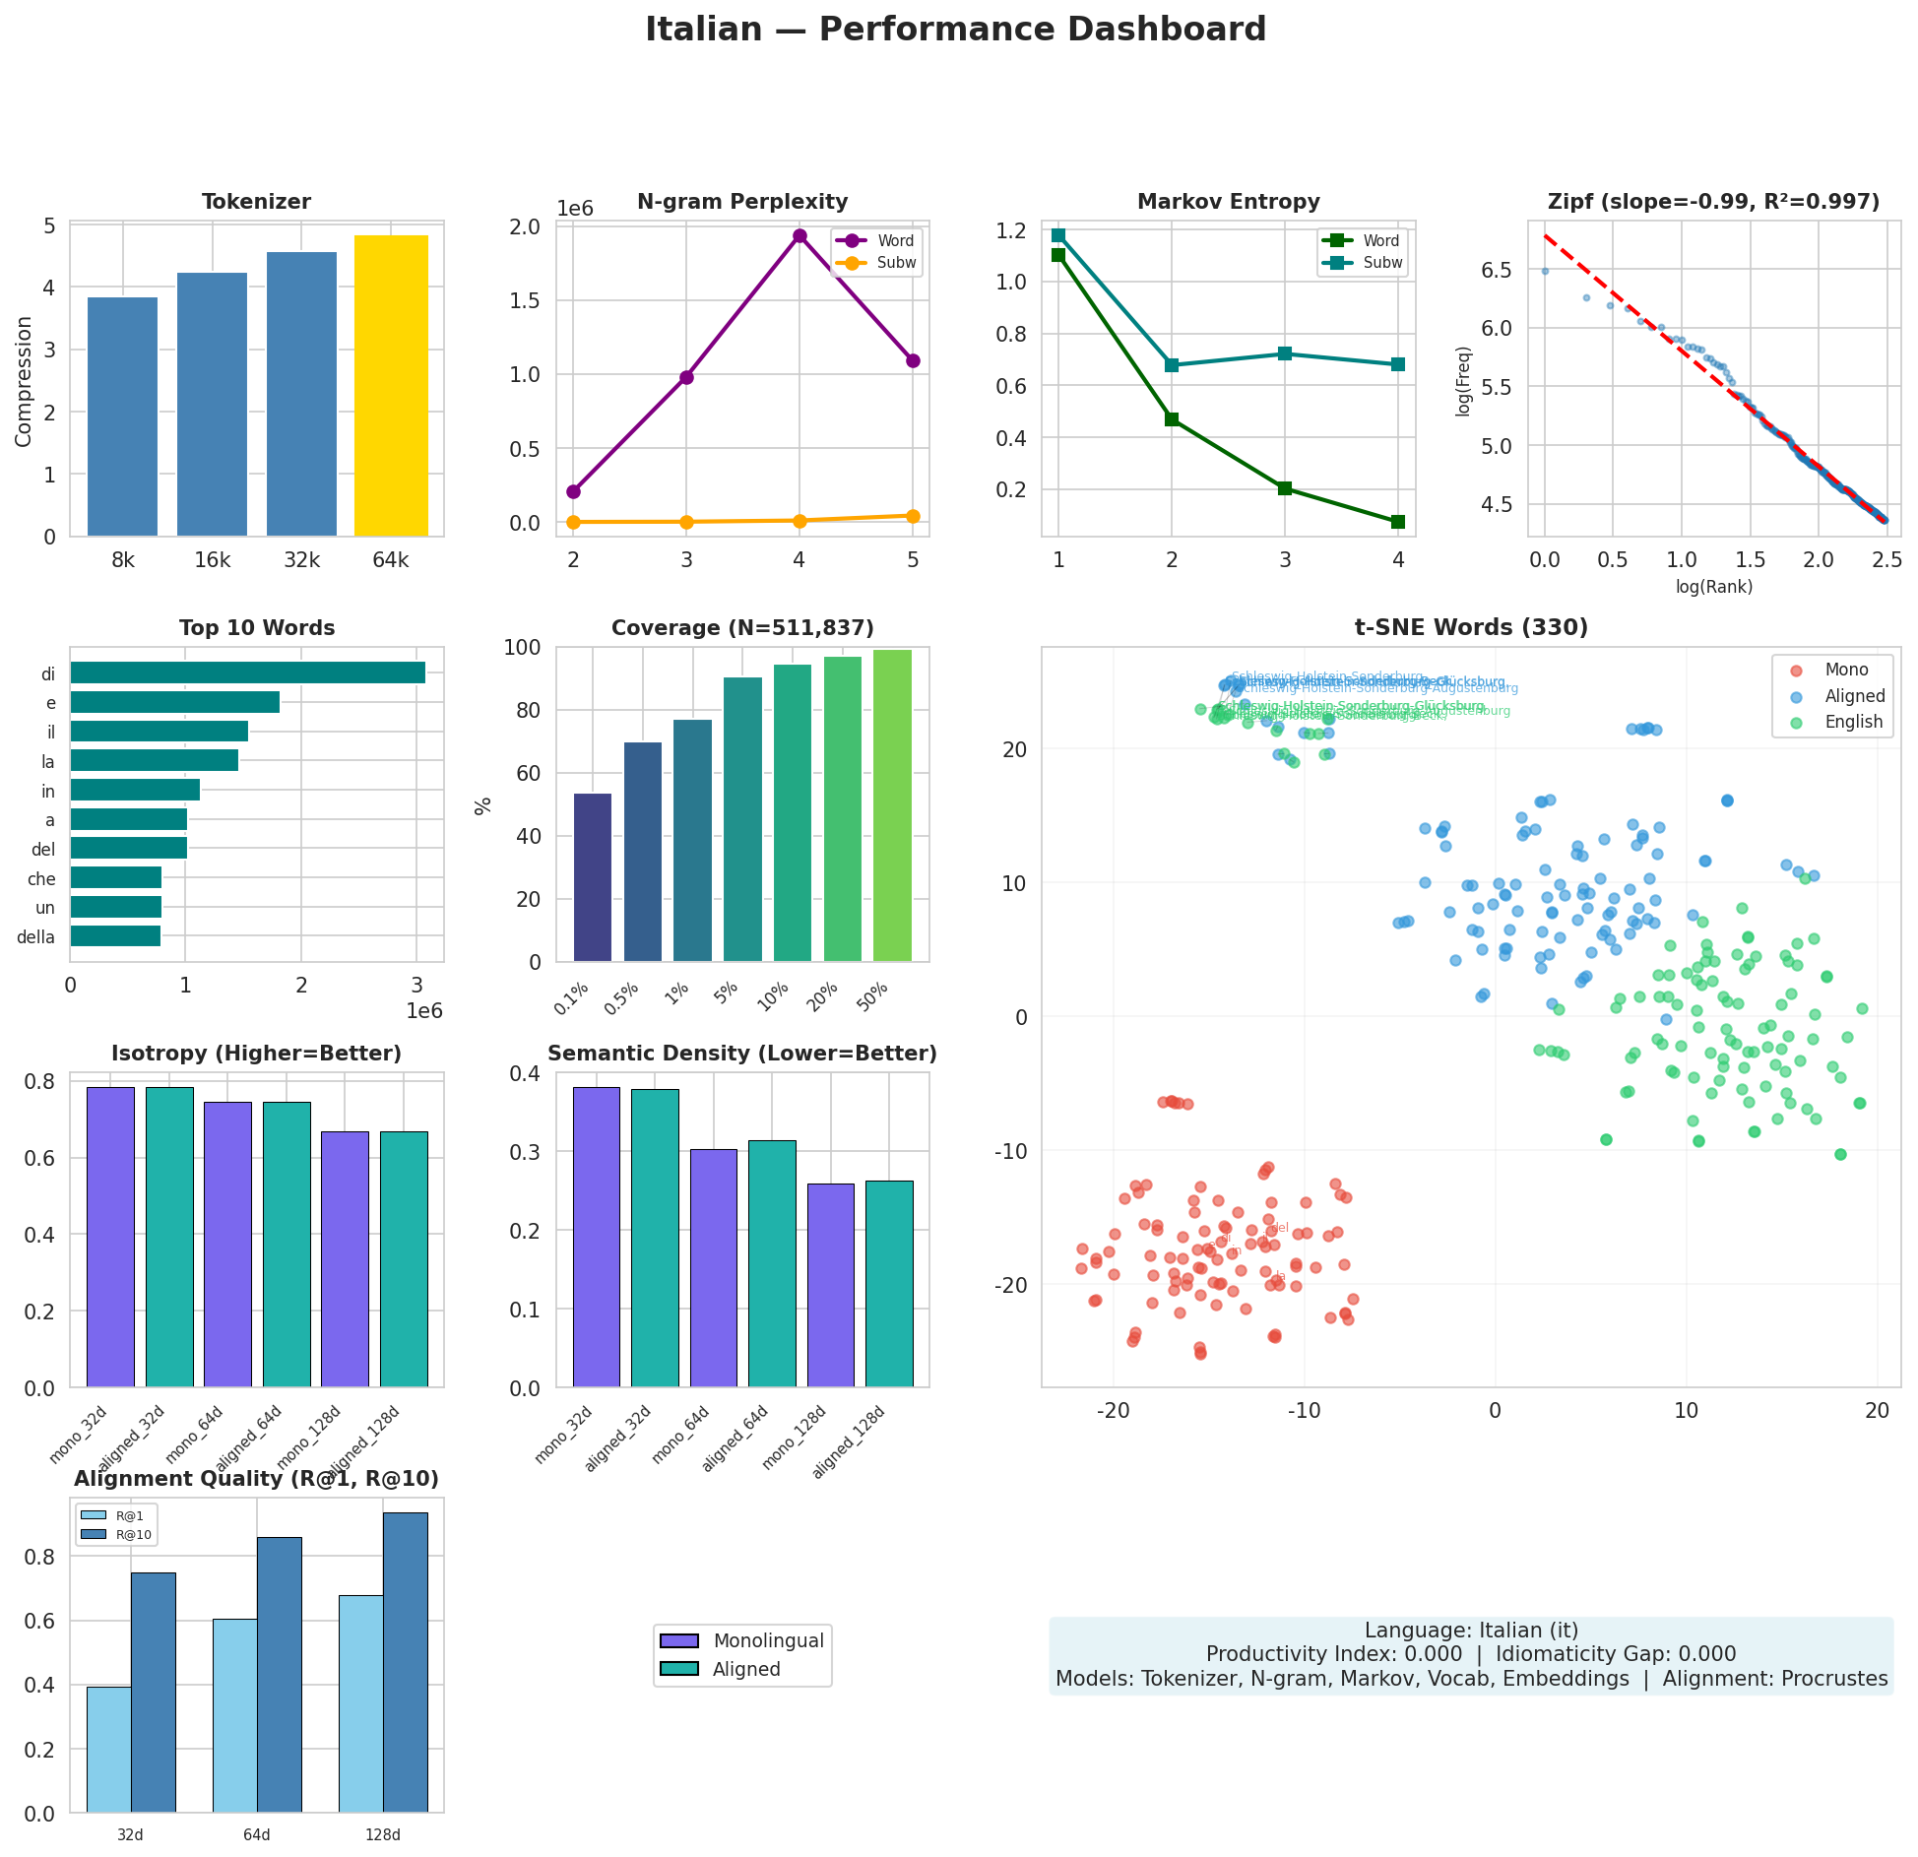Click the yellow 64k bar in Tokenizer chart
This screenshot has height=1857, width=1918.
(x=391, y=386)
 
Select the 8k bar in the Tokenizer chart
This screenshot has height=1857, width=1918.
(x=122, y=416)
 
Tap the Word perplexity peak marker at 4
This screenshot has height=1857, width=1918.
(x=799, y=235)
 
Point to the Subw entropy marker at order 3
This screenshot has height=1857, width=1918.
(x=1284, y=353)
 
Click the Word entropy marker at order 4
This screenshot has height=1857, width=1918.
(x=1397, y=522)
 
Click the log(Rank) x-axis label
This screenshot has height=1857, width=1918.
(x=1713, y=588)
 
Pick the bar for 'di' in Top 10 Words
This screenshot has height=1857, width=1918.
(x=247, y=672)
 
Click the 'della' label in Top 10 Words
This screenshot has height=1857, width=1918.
(x=36, y=937)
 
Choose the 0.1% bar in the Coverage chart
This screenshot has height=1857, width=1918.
(x=593, y=877)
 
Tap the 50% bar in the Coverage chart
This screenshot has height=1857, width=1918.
(x=892, y=805)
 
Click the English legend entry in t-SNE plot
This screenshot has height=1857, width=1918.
(x=1853, y=722)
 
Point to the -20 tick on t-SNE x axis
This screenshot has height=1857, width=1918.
(x=1113, y=1411)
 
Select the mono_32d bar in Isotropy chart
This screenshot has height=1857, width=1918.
(x=110, y=1238)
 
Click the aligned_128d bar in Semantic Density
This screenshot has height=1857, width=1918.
(x=889, y=1284)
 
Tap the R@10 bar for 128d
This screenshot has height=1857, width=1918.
(x=406, y=1663)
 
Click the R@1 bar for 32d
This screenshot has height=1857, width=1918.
(x=108, y=1750)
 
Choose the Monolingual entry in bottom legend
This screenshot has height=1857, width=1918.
(x=768, y=1641)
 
